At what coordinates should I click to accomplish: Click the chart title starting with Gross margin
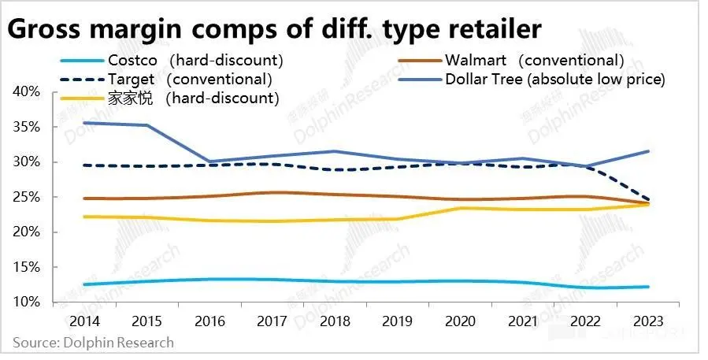[275, 29]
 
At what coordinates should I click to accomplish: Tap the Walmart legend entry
[512, 60]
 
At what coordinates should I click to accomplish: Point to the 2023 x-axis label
[647, 322]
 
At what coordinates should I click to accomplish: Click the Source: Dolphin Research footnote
[93, 343]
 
